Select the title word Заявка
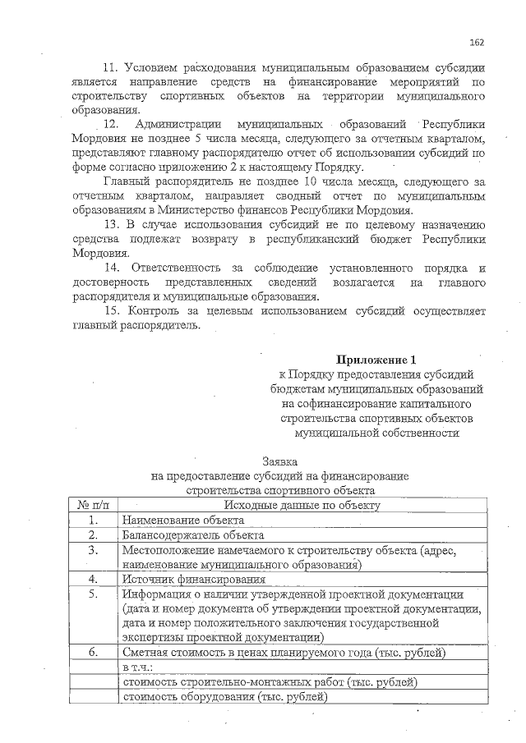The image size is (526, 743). coord(279,462)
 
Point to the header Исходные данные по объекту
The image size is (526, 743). coord(298,505)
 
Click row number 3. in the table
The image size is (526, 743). coord(93,550)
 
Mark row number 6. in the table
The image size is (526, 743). coord(93,653)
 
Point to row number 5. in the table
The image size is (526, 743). coord(93,594)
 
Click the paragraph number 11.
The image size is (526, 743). coord(110,68)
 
